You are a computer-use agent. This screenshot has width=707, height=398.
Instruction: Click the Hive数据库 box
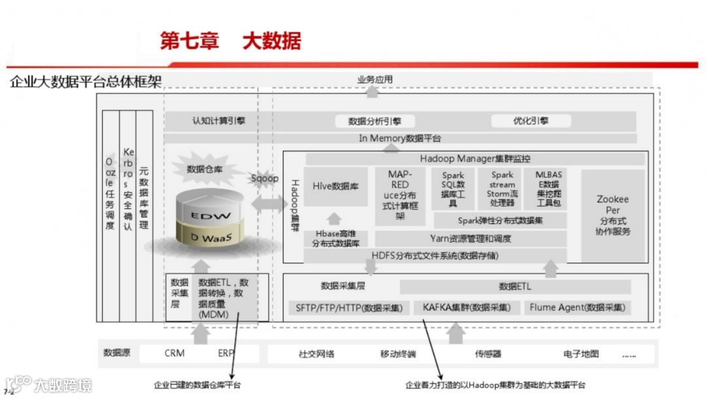(x=335, y=187)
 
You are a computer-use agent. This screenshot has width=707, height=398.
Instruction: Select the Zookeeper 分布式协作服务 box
(x=613, y=215)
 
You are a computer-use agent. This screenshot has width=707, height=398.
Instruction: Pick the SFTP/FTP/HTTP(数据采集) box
(x=349, y=307)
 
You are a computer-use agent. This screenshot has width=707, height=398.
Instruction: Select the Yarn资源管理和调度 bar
(x=470, y=238)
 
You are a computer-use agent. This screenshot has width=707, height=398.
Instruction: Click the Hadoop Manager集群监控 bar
(x=475, y=158)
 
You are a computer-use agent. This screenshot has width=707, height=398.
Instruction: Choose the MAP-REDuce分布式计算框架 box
(x=399, y=194)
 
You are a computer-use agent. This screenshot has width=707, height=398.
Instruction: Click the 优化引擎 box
(x=530, y=121)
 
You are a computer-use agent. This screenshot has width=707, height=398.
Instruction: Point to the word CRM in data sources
(x=174, y=353)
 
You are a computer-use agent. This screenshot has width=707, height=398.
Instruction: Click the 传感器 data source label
(x=488, y=354)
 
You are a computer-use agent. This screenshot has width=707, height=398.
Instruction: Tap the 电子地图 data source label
(x=581, y=354)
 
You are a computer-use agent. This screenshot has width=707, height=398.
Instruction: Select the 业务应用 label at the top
(x=374, y=80)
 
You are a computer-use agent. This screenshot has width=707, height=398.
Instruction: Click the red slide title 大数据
(x=272, y=41)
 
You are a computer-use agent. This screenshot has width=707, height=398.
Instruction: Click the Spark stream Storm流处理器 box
(x=502, y=189)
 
